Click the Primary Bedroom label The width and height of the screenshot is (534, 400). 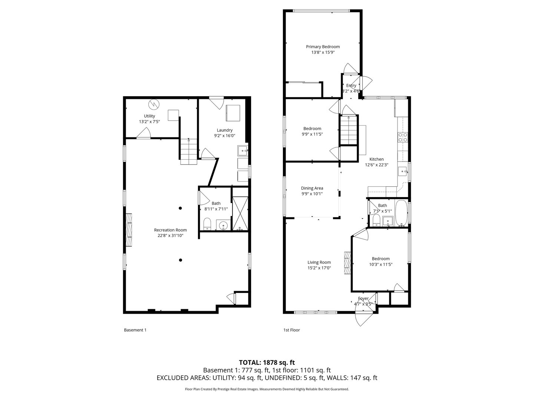pyautogui.click(x=323, y=47)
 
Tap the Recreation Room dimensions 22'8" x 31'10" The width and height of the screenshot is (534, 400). pyautogui.click(x=170, y=236)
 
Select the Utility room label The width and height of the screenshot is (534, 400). pyautogui.click(x=149, y=116)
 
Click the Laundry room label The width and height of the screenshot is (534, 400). pyautogui.click(x=224, y=130)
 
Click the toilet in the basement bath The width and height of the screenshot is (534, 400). pyautogui.click(x=207, y=224)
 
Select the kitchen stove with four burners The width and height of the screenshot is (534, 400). pyautogui.click(x=403, y=137)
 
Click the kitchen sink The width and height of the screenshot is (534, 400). pyautogui.click(x=402, y=171)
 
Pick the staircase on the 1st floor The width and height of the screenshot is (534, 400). pyautogui.click(x=349, y=130)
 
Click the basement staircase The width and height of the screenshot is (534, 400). pyautogui.click(x=189, y=151)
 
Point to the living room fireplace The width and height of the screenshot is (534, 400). pyautogui.click(x=347, y=263)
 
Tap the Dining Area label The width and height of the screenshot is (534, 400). pyautogui.click(x=312, y=188)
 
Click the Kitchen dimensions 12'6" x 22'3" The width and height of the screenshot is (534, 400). pyautogui.click(x=376, y=165)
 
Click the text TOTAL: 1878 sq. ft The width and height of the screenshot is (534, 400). pyautogui.click(x=267, y=362)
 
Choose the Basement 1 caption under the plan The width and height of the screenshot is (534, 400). pyautogui.click(x=135, y=330)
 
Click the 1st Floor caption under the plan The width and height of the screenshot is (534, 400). pyautogui.click(x=291, y=330)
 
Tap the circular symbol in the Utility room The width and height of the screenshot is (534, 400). pyautogui.click(x=153, y=104)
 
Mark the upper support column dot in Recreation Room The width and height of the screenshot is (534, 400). pyautogui.click(x=180, y=208)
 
